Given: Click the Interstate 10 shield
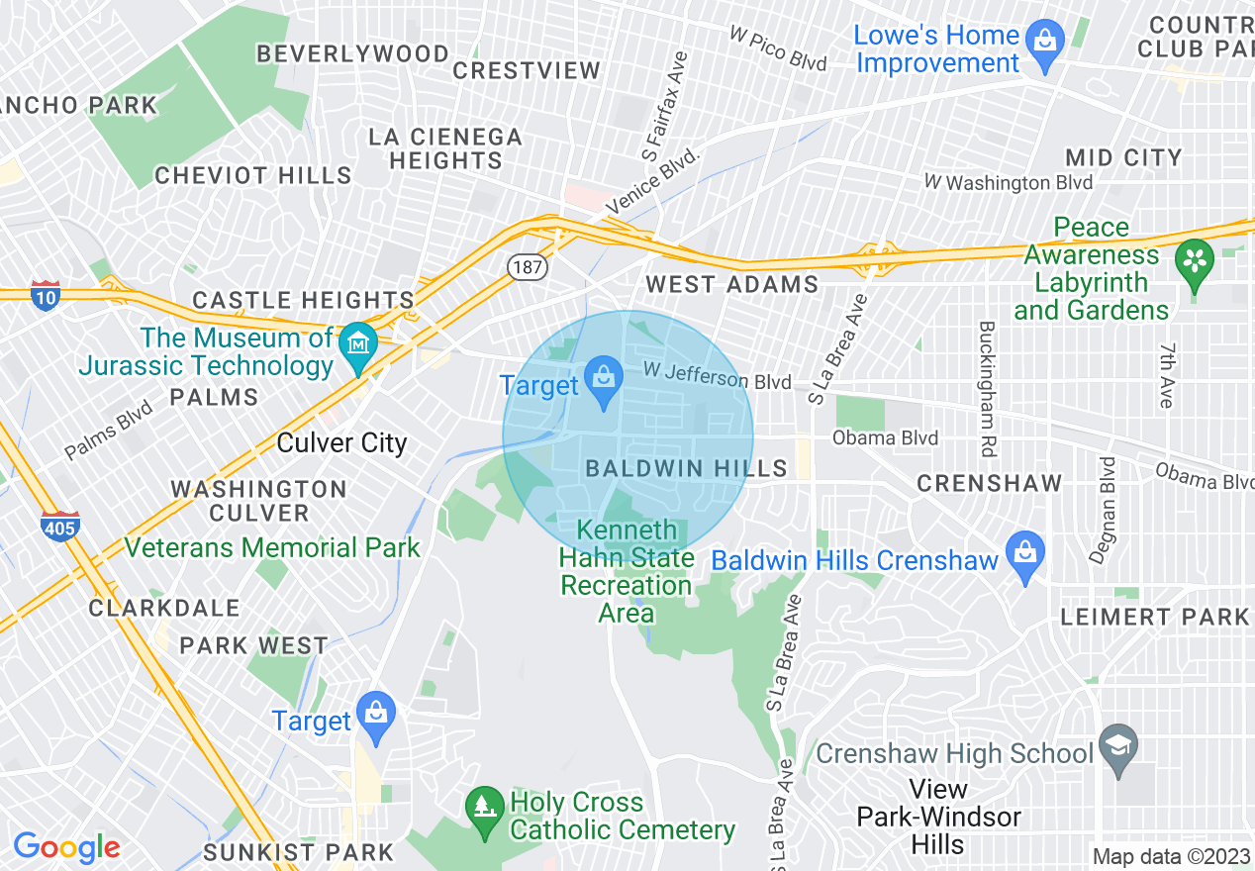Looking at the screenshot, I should tap(45, 296).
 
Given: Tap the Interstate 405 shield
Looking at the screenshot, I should tap(59, 528).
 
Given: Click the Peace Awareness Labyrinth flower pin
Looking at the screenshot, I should tap(1195, 262).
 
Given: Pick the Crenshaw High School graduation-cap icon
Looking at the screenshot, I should tap(1118, 746).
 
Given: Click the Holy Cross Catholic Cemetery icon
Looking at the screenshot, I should tap(483, 804).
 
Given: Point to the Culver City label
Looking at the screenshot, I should tap(341, 442).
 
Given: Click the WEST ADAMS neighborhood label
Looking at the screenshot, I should tap(731, 285).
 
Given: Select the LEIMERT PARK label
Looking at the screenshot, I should tap(1155, 618).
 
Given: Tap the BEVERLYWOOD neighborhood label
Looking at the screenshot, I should tap(352, 53).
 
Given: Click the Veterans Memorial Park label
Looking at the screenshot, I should tap(272, 547).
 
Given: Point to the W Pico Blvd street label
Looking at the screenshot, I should tap(778, 48).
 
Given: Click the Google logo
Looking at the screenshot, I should tap(66, 847).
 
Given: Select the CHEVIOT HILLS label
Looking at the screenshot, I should tap(253, 176).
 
